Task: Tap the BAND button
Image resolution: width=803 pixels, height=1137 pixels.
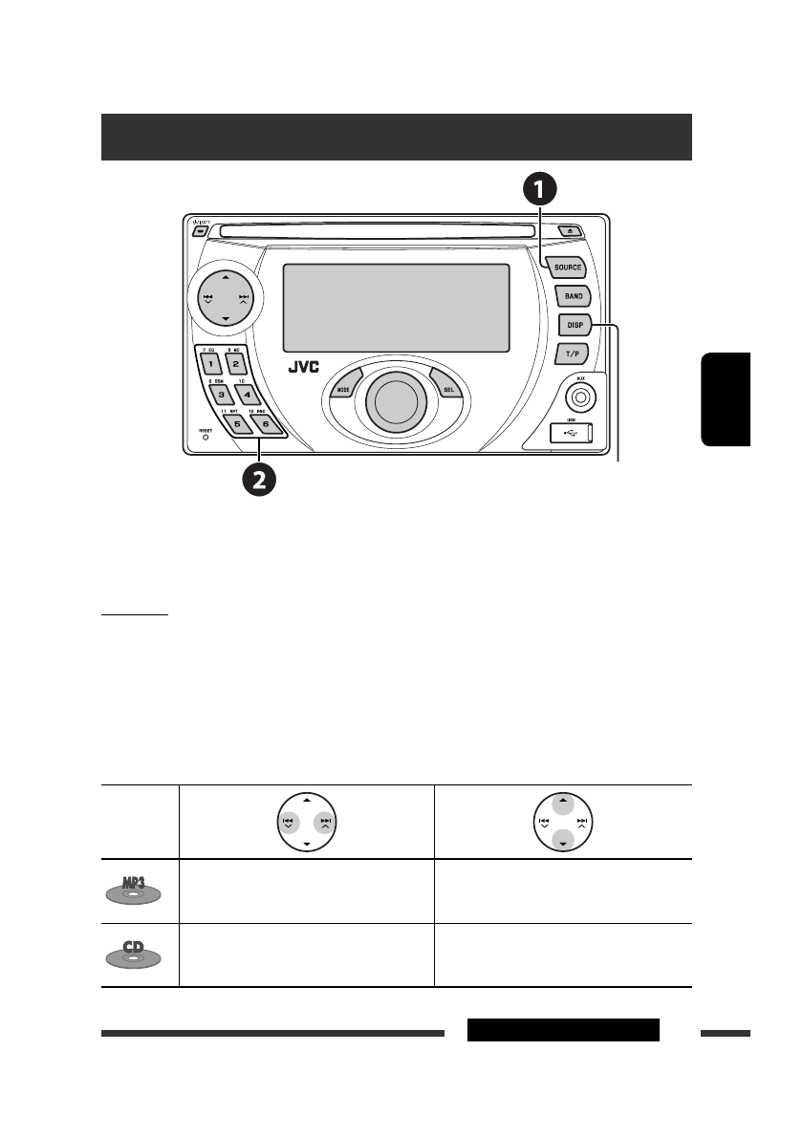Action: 574,297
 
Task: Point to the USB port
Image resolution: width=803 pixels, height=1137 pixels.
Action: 572,434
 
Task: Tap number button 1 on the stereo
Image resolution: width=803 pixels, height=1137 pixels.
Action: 209,364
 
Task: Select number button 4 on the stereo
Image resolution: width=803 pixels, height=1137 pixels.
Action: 245,393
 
